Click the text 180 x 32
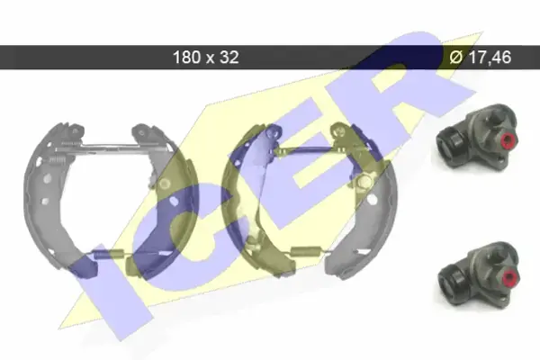pos(205,57)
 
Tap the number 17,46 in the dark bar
pos(490,57)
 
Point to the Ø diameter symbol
pos(456,57)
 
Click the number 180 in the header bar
pos(186,57)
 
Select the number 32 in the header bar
pos(229,57)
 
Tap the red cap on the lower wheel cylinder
pos(510,276)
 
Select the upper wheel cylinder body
pos(476,136)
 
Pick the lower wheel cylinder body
pos(478,273)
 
